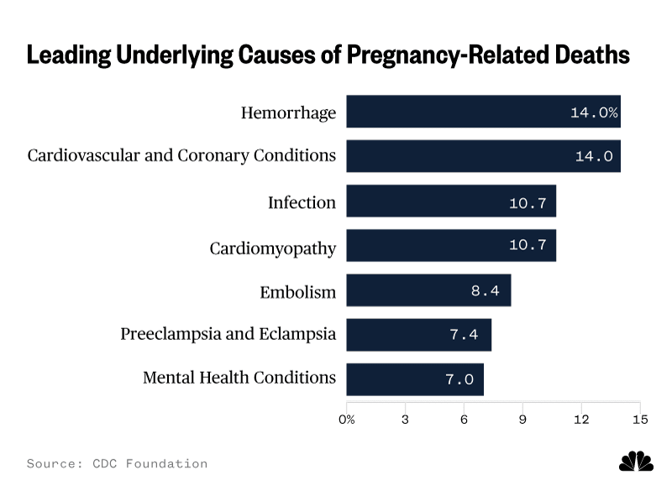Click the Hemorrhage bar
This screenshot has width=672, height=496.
(484, 112)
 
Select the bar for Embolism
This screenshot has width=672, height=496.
(428, 290)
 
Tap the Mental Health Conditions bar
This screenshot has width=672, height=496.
(415, 379)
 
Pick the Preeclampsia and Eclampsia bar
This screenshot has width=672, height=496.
(418, 335)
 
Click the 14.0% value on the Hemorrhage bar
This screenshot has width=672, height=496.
(594, 112)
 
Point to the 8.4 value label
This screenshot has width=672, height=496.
(486, 291)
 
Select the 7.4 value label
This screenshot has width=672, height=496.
(464, 334)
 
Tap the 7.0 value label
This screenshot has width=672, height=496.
(459, 379)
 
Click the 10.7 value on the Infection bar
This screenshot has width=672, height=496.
(528, 202)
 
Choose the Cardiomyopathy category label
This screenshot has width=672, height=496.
(272, 248)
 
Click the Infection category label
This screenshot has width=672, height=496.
(302, 202)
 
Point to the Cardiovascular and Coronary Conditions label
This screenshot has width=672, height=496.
(181, 155)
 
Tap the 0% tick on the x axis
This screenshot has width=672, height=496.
(346, 420)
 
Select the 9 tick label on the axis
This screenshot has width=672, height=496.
(522, 420)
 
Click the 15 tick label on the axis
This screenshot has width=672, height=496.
(640, 420)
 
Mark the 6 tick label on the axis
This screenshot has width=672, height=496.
(464, 420)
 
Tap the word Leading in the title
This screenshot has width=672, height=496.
(69, 55)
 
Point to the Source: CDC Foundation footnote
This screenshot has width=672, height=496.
(117, 463)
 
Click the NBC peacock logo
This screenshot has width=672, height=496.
(636, 461)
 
